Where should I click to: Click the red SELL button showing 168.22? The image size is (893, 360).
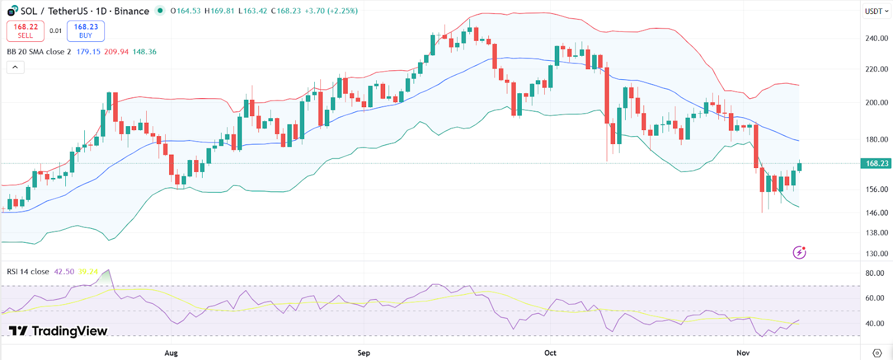click(25, 31)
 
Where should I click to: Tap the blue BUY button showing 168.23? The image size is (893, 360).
click(85, 31)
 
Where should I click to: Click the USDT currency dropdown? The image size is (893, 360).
click(876, 11)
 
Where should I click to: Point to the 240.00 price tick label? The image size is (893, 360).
click(876, 39)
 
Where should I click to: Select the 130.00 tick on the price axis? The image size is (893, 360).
click(876, 253)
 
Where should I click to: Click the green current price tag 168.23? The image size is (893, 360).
click(876, 164)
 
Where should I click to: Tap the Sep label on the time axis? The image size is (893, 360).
click(363, 353)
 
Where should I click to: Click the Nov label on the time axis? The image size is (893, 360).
click(743, 353)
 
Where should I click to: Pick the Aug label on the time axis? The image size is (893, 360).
click(171, 353)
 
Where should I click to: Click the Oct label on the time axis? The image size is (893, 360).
click(550, 353)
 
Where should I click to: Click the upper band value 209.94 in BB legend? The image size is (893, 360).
click(116, 52)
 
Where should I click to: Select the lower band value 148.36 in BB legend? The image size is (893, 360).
click(144, 52)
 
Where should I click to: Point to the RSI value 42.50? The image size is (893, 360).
click(64, 272)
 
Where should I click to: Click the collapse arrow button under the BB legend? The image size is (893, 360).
click(15, 68)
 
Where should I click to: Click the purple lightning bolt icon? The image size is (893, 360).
click(799, 253)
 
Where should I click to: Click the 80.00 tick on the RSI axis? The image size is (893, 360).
click(875, 273)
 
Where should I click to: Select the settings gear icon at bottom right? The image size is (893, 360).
click(877, 353)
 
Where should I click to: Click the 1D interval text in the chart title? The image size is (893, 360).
click(101, 11)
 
